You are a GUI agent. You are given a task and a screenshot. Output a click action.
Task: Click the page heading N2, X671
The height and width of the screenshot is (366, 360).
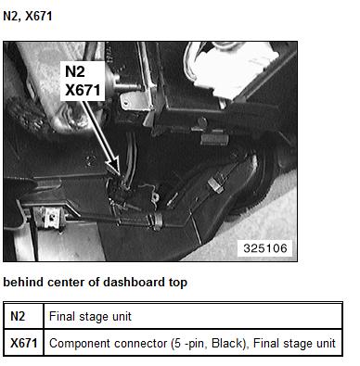click(x=28, y=16)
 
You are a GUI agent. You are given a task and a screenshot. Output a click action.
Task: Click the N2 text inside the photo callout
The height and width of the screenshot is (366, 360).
click(x=75, y=71)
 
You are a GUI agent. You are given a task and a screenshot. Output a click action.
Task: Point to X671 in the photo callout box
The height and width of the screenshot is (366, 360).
click(x=83, y=90)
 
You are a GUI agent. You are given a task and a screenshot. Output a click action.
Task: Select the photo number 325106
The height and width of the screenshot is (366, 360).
click(x=265, y=248)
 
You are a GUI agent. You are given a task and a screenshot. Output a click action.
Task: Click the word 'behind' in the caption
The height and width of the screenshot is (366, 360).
click(x=23, y=282)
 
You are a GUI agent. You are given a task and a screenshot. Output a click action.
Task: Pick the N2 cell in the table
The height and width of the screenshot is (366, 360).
click(x=18, y=316)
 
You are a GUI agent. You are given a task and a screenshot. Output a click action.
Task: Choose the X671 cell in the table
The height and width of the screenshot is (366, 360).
click(x=24, y=343)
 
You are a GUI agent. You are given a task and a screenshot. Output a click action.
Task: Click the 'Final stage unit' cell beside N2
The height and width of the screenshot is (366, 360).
click(x=90, y=316)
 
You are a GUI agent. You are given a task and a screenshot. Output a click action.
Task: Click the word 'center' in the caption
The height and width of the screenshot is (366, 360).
click(x=64, y=283)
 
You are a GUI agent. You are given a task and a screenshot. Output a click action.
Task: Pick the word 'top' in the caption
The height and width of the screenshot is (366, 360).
click(x=178, y=283)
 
